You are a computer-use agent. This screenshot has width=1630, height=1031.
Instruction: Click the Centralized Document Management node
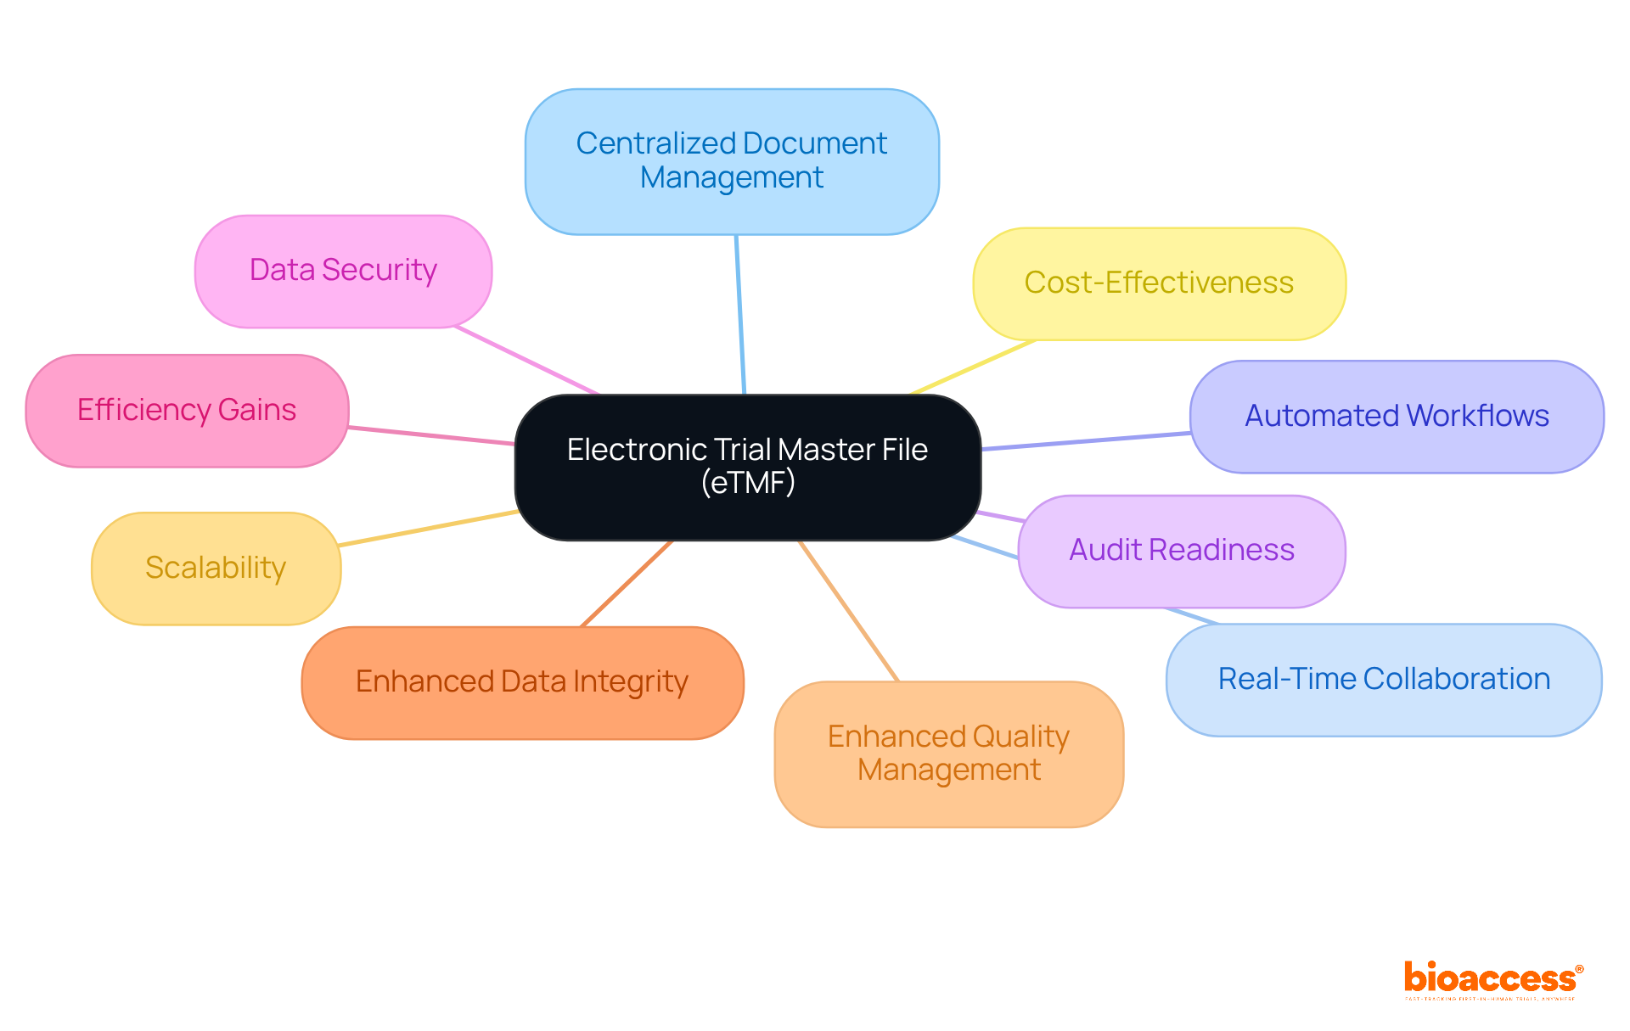coord(732,161)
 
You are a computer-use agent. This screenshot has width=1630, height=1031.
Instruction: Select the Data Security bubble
coord(343,271)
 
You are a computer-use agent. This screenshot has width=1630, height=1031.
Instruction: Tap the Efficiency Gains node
coord(187,411)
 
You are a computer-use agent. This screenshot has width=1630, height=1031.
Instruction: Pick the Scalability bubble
coord(216,568)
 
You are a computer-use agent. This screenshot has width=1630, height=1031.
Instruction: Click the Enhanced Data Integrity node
coord(522,682)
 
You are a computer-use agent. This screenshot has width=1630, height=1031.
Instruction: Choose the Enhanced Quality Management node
coord(948,754)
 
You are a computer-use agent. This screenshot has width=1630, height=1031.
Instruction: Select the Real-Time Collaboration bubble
coord(1383,680)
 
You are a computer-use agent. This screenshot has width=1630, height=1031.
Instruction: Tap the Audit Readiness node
coord(1181,551)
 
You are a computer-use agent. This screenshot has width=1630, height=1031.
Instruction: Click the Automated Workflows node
coord(1397,417)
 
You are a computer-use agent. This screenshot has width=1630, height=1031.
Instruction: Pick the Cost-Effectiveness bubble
coord(1159,283)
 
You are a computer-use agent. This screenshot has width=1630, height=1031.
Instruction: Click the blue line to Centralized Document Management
coord(740,314)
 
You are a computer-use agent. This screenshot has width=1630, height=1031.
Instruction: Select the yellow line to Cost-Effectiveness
coord(973,367)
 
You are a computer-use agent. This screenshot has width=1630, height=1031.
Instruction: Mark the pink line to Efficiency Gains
coord(431,436)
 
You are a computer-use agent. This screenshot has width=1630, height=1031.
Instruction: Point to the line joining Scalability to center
coord(429,528)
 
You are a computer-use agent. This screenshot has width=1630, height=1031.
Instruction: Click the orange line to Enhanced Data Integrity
coord(627,584)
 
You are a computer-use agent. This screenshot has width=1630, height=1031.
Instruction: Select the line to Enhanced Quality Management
coord(848,610)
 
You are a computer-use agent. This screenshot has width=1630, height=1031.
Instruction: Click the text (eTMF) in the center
coord(748,483)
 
